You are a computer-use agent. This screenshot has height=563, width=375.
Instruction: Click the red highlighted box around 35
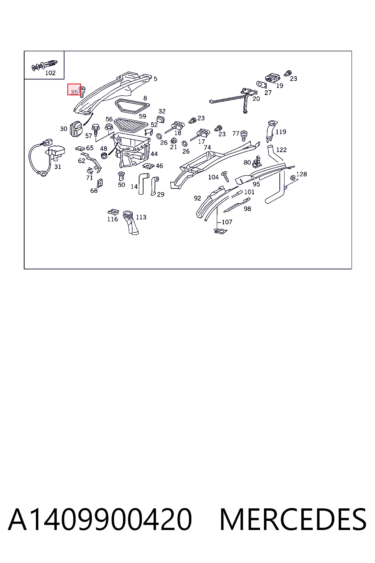74,89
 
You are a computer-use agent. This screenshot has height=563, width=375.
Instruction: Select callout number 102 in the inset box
50,73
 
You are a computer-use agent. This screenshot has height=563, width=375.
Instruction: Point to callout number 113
141,217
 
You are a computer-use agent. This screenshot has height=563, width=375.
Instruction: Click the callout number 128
301,174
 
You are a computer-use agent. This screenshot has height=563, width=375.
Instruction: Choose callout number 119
281,132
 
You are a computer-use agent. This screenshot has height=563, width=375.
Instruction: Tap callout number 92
197,198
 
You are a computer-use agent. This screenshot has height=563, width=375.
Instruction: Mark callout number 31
58,167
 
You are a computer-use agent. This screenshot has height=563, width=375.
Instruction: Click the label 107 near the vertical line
227,222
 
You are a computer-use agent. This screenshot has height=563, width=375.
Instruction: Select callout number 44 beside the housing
154,154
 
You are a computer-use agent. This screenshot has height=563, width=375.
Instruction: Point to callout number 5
156,79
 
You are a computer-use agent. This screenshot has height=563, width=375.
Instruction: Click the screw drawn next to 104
226,176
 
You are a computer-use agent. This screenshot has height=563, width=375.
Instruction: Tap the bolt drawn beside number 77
244,136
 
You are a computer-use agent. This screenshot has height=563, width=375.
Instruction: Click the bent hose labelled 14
143,183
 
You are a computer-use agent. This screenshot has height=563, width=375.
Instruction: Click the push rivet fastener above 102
44,65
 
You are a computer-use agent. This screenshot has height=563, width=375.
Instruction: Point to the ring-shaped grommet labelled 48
104,155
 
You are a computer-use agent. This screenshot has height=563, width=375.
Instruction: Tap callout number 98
248,209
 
